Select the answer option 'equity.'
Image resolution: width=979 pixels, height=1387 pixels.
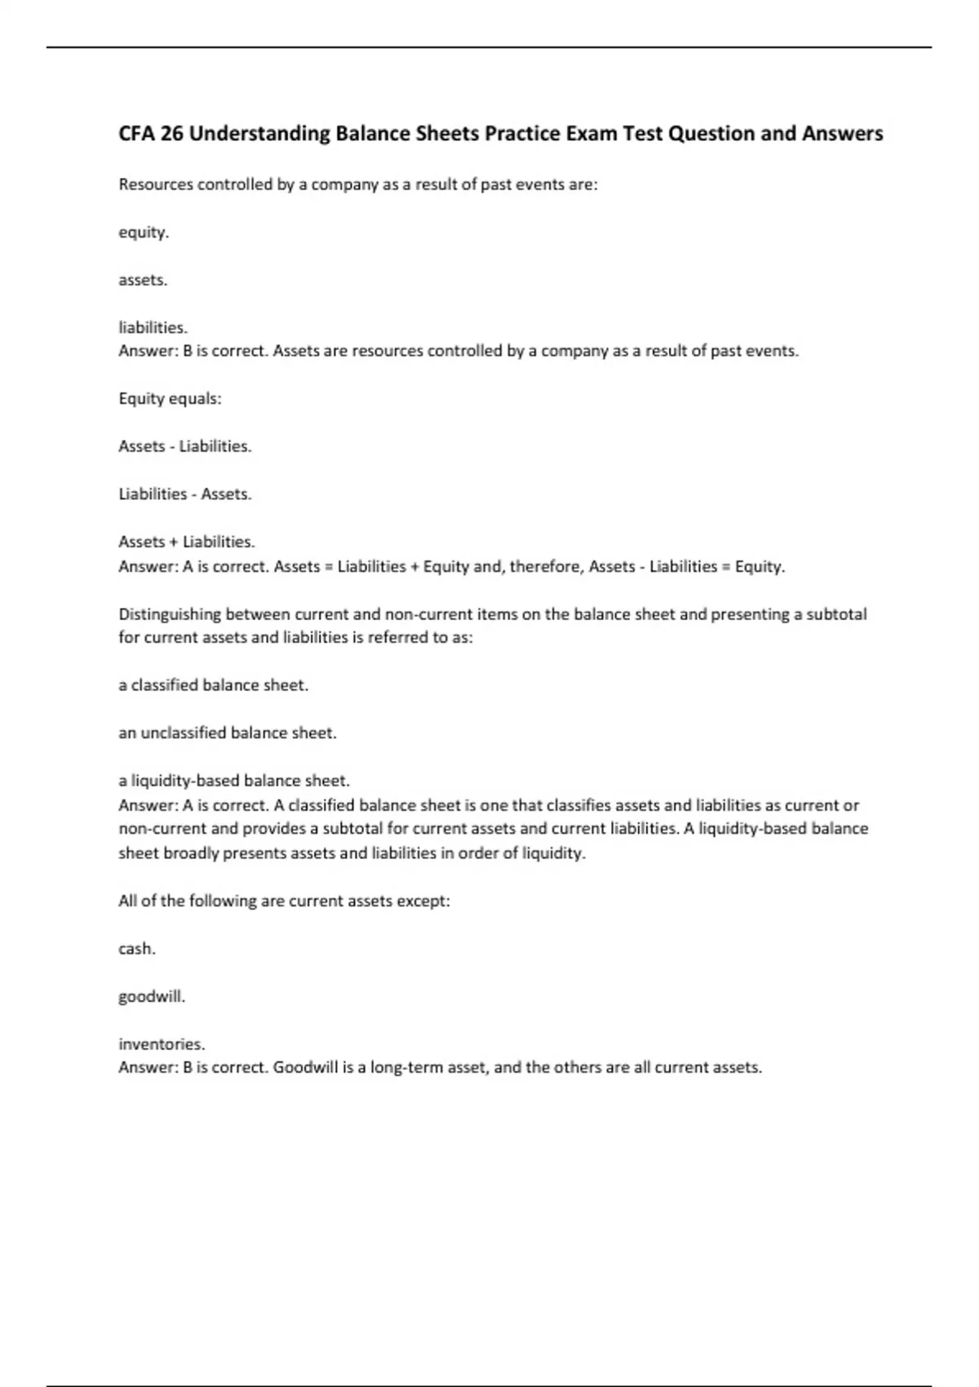point(144,233)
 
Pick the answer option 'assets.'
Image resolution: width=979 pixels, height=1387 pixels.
point(143,280)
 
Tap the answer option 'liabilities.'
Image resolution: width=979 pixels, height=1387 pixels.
point(153,328)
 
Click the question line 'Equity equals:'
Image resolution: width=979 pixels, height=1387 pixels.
point(170,399)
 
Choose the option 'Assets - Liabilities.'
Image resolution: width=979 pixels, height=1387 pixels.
point(184,446)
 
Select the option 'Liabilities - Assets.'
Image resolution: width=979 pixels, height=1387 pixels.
point(184,494)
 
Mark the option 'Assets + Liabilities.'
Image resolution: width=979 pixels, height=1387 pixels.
point(186,542)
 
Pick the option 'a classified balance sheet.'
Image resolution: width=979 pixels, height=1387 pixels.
point(213,685)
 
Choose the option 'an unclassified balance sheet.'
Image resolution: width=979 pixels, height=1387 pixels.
point(227,733)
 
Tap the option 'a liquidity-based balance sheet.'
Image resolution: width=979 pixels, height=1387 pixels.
point(233,781)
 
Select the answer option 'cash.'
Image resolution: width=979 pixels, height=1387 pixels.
point(137,949)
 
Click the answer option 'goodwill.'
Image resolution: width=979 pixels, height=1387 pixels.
point(152,996)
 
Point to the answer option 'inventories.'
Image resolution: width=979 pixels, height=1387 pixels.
point(162,1044)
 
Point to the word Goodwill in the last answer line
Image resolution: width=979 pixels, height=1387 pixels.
point(304,1068)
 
